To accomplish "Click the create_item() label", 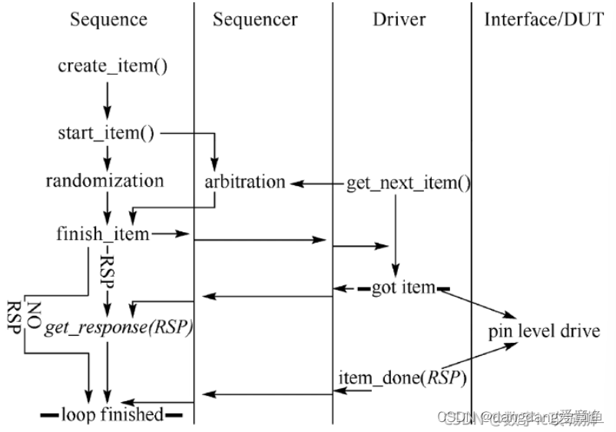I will pyautogui.click(x=113, y=67).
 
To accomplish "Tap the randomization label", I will pyautogui.click(x=104, y=181).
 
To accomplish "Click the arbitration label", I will pyautogui.click(x=245, y=183).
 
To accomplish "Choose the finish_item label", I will pyautogui.click(x=103, y=234).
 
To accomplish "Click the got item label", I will pyautogui.click(x=403, y=288).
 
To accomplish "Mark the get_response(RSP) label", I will pyautogui.click(x=118, y=328).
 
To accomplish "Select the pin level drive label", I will pyautogui.click(x=544, y=332).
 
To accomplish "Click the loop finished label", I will pyautogui.click(x=112, y=415).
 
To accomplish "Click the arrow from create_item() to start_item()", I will pyautogui.click(x=108, y=96).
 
